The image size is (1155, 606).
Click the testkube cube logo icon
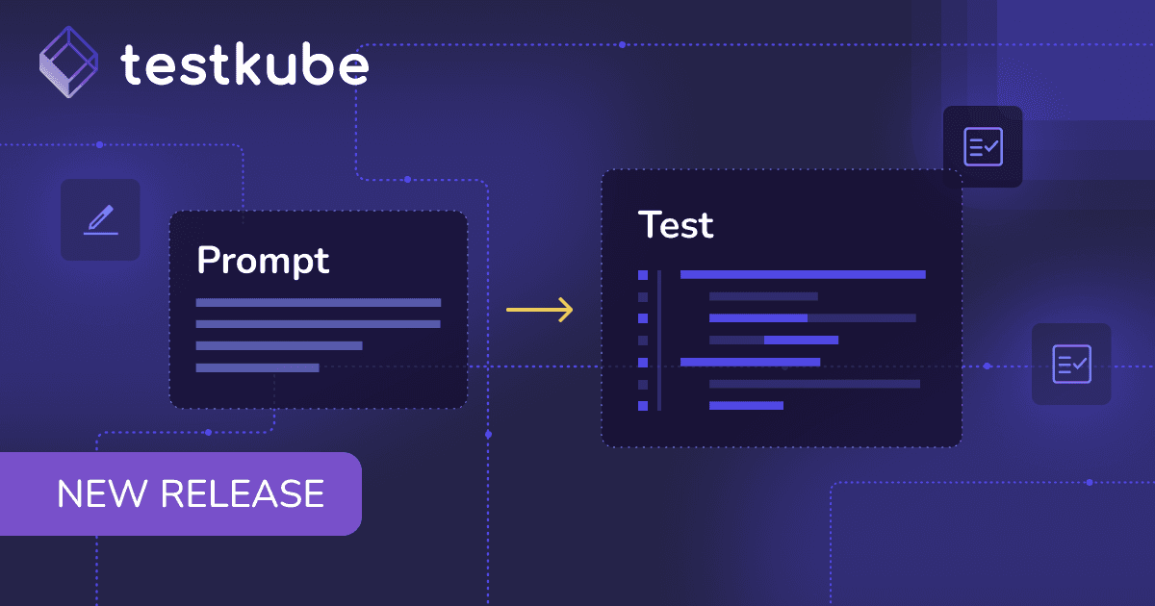pos(68,62)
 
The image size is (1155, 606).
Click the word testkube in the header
pos(244,64)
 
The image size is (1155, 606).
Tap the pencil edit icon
pos(100,220)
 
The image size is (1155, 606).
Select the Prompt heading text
pos(263,261)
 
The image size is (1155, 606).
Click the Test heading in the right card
pos(676,225)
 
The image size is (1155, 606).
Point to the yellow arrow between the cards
pos(539,310)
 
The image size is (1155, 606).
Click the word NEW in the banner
pos(102,493)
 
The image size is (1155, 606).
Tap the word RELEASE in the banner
pos(243,493)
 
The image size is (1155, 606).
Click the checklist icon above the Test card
pos(984,147)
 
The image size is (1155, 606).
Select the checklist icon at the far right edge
pos(1072,364)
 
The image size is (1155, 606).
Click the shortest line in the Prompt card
pos(257,367)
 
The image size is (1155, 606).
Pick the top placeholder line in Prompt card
pos(319,302)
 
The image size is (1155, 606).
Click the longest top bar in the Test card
pos(803,275)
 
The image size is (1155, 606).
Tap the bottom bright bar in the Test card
pos(746,406)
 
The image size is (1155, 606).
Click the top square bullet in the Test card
pos(643,275)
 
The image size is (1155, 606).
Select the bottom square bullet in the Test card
pos(643,406)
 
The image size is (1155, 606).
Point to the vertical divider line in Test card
pos(659,341)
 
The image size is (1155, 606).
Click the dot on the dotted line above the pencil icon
pos(99,145)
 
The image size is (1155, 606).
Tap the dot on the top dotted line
pos(623,45)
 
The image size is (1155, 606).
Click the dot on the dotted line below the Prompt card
pos(208,432)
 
